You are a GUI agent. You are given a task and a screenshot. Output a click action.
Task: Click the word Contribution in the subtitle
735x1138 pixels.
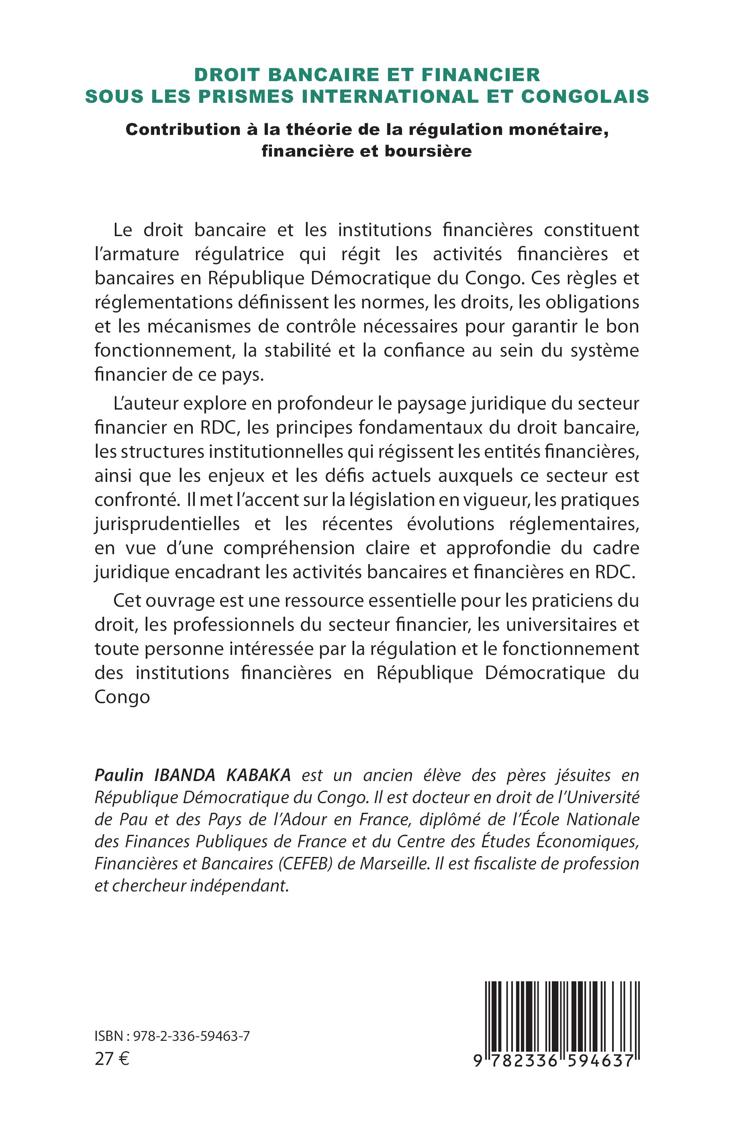coord(183,130)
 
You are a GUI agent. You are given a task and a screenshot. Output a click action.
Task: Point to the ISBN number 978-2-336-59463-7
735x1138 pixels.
coord(192,1036)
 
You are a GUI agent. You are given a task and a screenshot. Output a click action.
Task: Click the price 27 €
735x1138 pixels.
coord(112,1059)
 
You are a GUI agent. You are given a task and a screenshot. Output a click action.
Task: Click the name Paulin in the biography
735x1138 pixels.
coord(119,775)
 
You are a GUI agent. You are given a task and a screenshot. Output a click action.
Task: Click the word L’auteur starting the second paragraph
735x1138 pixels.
coord(145,404)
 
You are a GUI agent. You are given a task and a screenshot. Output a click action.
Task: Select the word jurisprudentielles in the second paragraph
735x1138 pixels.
coord(167,524)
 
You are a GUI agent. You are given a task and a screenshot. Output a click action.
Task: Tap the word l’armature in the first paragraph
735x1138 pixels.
coord(137,254)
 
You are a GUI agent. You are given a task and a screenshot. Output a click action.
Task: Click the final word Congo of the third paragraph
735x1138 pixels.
coord(122,697)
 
